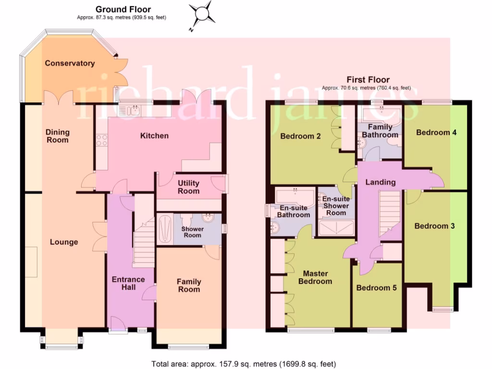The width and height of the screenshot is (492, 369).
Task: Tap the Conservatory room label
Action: [70, 63]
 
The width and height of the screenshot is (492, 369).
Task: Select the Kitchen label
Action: [154, 136]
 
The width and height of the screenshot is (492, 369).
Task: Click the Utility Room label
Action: [188, 187]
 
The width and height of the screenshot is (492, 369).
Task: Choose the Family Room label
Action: [189, 285]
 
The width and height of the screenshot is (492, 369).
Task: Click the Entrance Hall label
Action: [128, 283]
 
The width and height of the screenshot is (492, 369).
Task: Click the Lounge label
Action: [64, 242]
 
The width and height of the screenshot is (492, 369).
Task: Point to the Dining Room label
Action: [58, 136]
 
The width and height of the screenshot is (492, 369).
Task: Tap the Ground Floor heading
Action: [123, 9]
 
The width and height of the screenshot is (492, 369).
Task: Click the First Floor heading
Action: [368, 80]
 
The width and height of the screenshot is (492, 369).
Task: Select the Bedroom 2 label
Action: [300, 136]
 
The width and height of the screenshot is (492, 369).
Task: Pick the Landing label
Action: [381, 182]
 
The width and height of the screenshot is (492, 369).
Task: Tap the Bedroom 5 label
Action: [376, 288]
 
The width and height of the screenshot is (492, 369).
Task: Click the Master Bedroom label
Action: [315, 277]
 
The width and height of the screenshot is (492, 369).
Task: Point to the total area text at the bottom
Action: [244, 364]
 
